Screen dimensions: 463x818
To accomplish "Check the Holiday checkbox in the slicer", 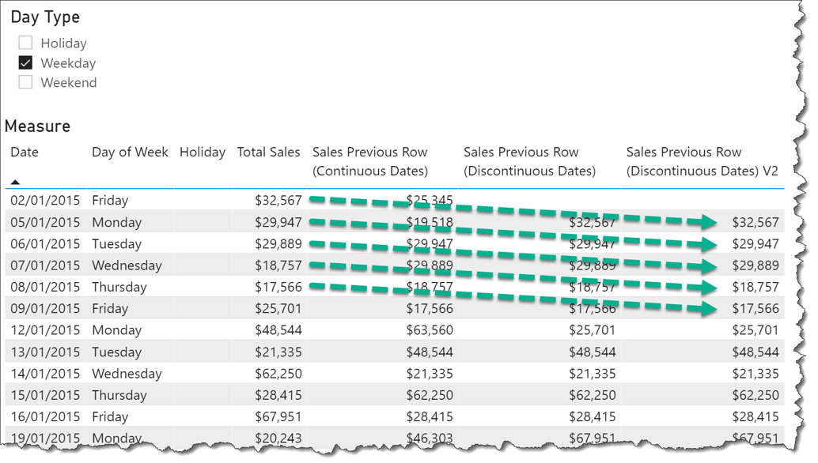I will [25, 43].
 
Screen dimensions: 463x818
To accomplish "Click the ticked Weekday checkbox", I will [25, 63].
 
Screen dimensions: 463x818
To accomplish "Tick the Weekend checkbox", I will [25, 82].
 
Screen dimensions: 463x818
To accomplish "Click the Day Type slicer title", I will [45, 17].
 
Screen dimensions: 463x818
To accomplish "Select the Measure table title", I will [37, 126].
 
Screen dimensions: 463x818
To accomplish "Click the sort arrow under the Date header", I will [15, 182].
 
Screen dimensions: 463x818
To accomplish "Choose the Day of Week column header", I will [130, 152].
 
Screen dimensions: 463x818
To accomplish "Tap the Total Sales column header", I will [268, 152].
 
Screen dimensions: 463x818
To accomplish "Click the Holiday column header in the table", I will [202, 152].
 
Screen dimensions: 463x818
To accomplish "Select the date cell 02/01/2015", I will [44, 201].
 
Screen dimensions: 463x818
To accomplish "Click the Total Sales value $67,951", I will [278, 416].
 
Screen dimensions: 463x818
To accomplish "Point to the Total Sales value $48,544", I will [278, 330].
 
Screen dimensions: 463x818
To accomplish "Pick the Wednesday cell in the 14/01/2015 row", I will [127, 374].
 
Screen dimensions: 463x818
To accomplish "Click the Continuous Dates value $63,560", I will [430, 330].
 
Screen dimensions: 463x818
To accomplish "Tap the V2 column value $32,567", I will [756, 223].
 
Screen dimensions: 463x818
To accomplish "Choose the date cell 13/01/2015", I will [44, 352].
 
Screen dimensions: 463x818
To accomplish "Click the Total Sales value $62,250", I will [278, 374].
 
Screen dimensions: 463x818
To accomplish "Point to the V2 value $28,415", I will [756, 416].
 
